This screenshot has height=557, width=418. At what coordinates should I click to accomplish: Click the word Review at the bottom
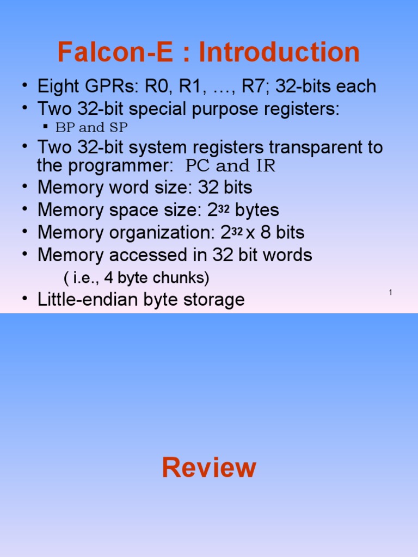[x=209, y=468]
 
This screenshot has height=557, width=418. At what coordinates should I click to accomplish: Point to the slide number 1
[x=391, y=293]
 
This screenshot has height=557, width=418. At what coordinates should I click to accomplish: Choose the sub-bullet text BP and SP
[x=91, y=128]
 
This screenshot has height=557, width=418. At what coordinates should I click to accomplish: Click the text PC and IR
[x=231, y=166]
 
